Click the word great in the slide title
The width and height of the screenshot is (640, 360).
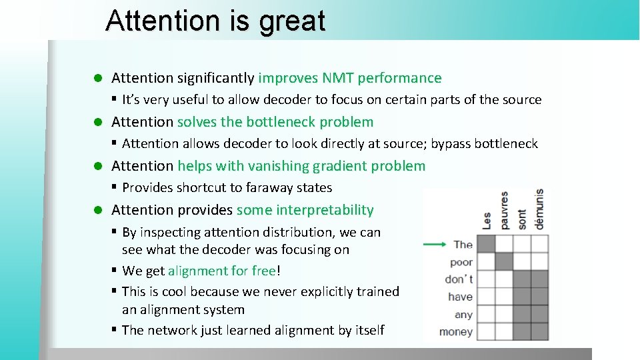(x=293, y=21)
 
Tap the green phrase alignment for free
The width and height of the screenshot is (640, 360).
(x=222, y=271)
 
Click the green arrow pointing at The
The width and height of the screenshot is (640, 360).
(x=435, y=244)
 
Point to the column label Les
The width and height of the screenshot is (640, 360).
(x=487, y=221)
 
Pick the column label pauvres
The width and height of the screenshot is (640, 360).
(x=505, y=211)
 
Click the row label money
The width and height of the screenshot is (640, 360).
(x=456, y=332)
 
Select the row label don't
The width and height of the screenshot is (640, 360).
(x=459, y=279)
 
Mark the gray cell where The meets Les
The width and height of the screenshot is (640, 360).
(x=487, y=245)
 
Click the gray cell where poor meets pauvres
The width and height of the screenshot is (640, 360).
(x=504, y=262)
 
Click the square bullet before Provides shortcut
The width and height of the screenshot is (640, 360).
(x=115, y=187)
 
